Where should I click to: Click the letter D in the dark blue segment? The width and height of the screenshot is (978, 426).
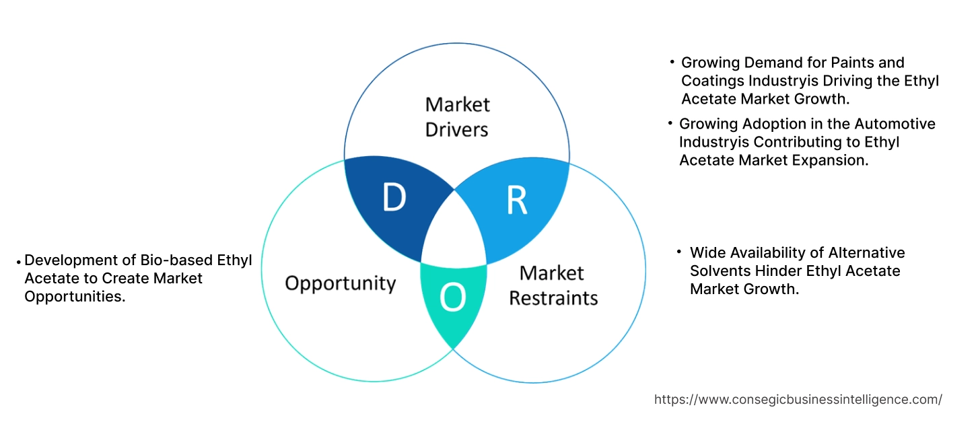coord(394,197)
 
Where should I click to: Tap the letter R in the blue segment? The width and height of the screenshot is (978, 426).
coord(516,200)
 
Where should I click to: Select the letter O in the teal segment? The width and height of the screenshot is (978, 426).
coord(453,297)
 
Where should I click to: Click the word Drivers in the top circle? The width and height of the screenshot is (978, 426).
coord(457,129)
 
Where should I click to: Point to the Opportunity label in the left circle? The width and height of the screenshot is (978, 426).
coord(340,283)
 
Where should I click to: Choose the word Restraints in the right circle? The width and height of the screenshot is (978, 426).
coord(553,297)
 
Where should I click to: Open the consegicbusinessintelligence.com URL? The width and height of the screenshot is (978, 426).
coord(798,399)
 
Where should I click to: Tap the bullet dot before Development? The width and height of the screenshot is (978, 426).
coord(19,261)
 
